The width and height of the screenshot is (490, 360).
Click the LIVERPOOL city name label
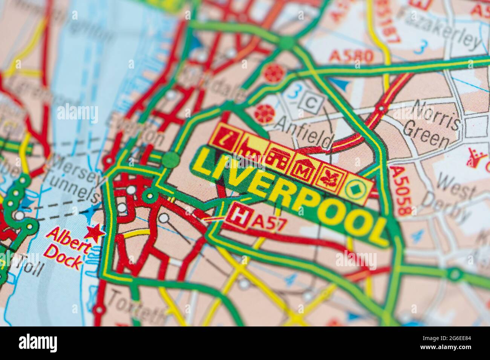(290, 196)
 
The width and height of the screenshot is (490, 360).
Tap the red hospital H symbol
(238, 215)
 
